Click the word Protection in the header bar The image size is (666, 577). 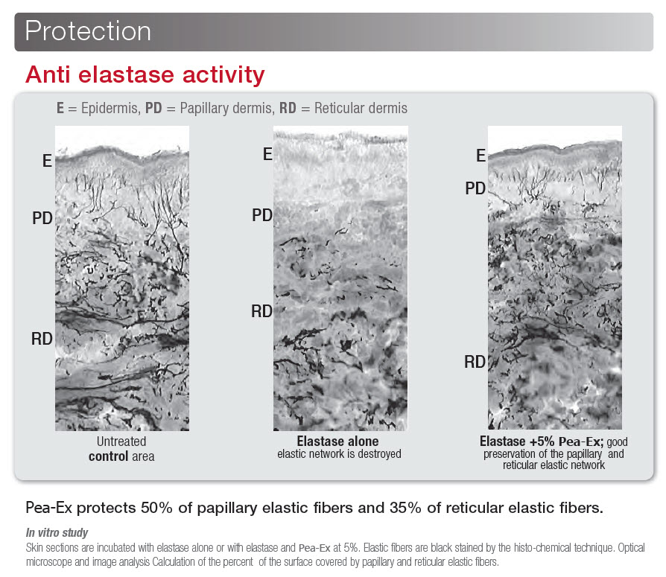[x=88, y=31]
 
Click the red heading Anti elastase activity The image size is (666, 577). [x=145, y=74]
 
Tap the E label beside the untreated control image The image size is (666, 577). [x=47, y=161]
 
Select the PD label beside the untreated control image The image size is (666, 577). [x=42, y=218]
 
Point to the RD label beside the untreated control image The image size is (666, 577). [x=42, y=339]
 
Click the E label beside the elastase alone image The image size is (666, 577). [x=267, y=154]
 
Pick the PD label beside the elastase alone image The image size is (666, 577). [x=262, y=215]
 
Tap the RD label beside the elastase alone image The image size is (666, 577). [x=261, y=312]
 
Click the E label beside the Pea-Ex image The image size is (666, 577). [x=481, y=156]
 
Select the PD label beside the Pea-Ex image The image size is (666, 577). [x=475, y=188]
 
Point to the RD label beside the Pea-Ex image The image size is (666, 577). [x=475, y=362]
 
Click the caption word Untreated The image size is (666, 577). [x=121, y=441]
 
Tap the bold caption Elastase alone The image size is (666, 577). [x=337, y=441]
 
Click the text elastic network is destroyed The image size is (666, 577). [x=340, y=454]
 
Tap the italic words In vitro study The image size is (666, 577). [x=57, y=532]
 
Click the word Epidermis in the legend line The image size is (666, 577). [x=110, y=109]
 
